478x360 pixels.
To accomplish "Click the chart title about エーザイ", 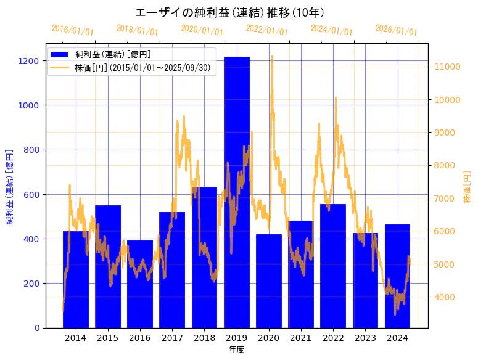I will coord(229,13).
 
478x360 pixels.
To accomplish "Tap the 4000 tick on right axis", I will coord(445,297).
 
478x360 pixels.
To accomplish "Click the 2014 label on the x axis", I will coord(76,338).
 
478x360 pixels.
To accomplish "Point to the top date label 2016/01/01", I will coord(72,30).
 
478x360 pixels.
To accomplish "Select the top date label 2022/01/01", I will coord(266,30).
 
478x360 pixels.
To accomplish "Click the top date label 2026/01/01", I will coord(396,30).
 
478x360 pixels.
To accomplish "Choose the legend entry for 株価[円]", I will coord(145,68).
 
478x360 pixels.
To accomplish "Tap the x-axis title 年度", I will coord(236,350).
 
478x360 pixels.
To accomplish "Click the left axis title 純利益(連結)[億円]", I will coord(10,186).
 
